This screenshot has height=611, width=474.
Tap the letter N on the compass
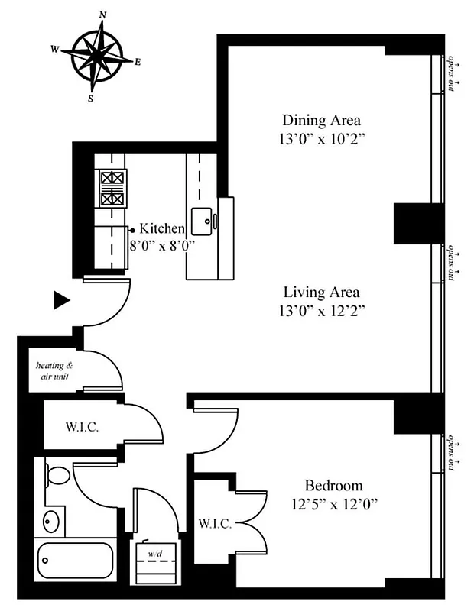[102, 15]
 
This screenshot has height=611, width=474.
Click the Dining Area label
[321, 120]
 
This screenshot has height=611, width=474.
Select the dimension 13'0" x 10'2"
[321, 139]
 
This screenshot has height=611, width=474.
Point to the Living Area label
[321, 292]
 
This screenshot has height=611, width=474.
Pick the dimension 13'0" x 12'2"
[321, 311]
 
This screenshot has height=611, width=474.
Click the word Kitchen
[161, 228]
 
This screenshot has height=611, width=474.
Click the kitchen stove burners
[112, 188]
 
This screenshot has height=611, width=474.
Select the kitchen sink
[203, 221]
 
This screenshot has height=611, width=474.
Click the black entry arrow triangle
[62, 301]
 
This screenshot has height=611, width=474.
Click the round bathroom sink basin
[50, 522]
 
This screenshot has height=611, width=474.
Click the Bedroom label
[333, 485]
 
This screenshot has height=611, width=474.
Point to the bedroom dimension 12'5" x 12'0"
[333, 504]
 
